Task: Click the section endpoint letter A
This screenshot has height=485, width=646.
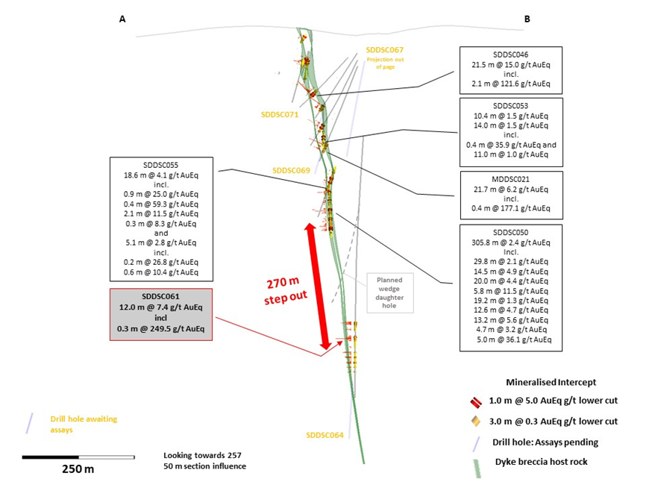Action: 122,20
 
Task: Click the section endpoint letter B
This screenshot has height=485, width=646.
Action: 527,20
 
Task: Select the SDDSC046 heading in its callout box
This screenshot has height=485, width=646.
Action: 510,54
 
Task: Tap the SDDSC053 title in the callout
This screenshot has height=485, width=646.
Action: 510,106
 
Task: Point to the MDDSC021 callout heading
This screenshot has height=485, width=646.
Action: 510,179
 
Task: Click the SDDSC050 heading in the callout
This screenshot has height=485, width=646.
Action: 510,231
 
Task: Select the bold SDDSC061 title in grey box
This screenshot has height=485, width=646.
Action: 161,296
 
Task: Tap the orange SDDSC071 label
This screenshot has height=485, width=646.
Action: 280,114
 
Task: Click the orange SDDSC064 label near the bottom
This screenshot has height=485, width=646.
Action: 325,435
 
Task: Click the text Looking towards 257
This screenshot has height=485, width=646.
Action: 203,454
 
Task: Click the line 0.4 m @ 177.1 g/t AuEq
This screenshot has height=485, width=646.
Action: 510,208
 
